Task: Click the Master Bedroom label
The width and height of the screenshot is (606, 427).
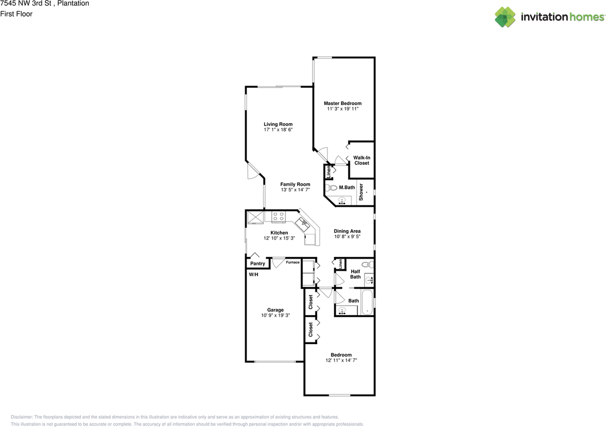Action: click(x=342, y=103)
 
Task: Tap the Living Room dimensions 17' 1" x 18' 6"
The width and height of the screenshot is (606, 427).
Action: click(x=278, y=130)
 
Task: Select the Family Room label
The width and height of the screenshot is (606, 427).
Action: click(x=295, y=185)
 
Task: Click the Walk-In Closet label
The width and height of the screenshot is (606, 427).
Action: click(x=362, y=160)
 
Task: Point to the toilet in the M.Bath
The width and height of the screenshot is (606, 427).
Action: click(x=332, y=188)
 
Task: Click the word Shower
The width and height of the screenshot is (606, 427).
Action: click(x=361, y=192)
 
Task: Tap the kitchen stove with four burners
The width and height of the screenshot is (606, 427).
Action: click(x=278, y=217)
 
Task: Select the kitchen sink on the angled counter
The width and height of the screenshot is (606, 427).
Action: click(x=302, y=222)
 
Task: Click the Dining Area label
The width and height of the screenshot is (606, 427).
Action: click(x=347, y=231)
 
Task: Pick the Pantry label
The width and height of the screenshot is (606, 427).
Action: click(x=258, y=264)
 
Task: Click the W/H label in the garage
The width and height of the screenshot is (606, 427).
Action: click(x=254, y=275)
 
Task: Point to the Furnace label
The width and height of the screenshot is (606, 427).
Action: click(x=292, y=262)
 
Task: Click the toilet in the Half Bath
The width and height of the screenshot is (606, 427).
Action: click(x=366, y=265)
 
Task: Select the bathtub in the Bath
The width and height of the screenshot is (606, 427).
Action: click(x=367, y=303)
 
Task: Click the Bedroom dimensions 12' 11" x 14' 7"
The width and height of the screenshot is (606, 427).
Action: click(x=341, y=360)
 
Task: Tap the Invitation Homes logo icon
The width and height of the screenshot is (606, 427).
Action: click(x=505, y=17)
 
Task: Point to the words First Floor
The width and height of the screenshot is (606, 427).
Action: click(x=17, y=14)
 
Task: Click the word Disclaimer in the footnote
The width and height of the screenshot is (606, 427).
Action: click(x=22, y=417)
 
